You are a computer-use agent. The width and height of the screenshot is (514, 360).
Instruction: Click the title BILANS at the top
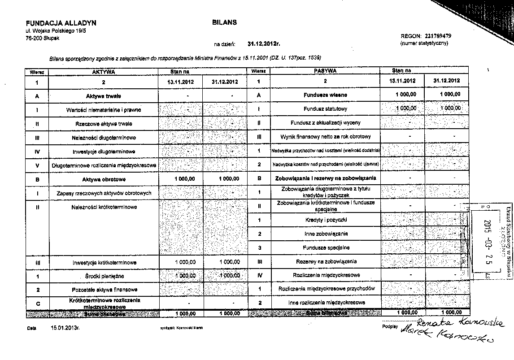coord(224,22)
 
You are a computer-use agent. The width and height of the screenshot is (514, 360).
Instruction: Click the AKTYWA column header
coord(104,71)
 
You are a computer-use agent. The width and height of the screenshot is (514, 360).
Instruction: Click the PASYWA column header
coord(325,71)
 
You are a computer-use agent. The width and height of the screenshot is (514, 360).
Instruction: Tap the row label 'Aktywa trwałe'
coord(104,96)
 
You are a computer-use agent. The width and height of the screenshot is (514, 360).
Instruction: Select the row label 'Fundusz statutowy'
coord(325,109)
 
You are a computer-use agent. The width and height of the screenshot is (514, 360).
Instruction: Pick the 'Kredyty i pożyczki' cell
coord(325,220)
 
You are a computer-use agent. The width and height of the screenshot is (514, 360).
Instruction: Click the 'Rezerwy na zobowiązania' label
coord(325,261)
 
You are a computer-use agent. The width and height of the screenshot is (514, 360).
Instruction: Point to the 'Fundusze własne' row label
coord(325,95)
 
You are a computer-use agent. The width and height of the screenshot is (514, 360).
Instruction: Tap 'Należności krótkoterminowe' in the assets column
coord(104,207)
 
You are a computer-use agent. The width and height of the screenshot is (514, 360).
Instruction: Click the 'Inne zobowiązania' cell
coord(325,234)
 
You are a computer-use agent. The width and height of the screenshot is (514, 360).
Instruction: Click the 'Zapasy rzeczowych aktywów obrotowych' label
coord(104,193)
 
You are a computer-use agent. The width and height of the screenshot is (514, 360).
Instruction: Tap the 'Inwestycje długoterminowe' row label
coord(104,152)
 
